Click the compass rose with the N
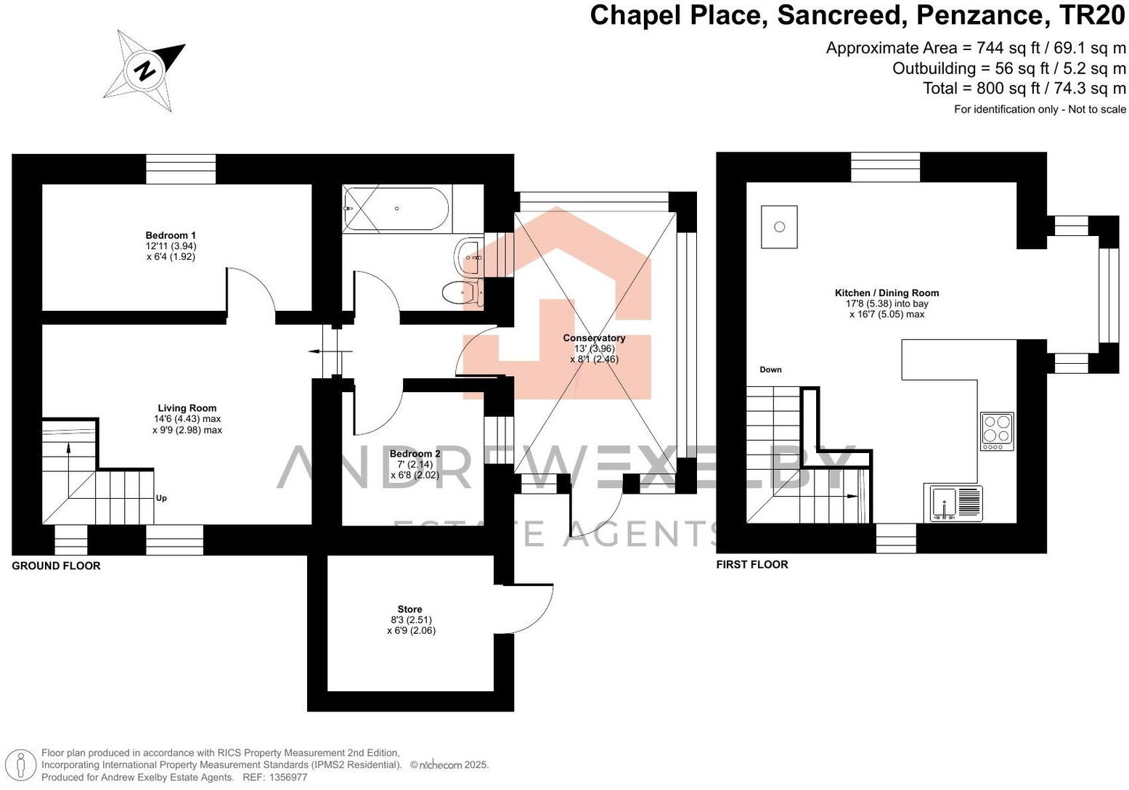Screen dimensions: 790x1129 (x=145, y=70)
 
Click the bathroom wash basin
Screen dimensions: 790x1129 (x=468, y=256)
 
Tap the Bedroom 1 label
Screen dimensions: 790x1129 (x=171, y=235)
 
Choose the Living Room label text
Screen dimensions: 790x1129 (x=187, y=408)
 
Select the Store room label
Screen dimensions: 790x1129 (x=409, y=609)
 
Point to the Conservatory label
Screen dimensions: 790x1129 (x=594, y=338)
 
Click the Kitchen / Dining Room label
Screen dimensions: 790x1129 (x=887, y=293)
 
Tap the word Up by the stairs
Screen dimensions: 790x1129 (x=161, y=498)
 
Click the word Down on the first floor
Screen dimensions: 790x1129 (x=770, y=370)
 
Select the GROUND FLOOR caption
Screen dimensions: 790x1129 (x=56, y=566)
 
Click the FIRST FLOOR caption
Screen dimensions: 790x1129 (x=751, y=564)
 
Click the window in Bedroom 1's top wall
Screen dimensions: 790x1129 (x=181, y=168)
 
